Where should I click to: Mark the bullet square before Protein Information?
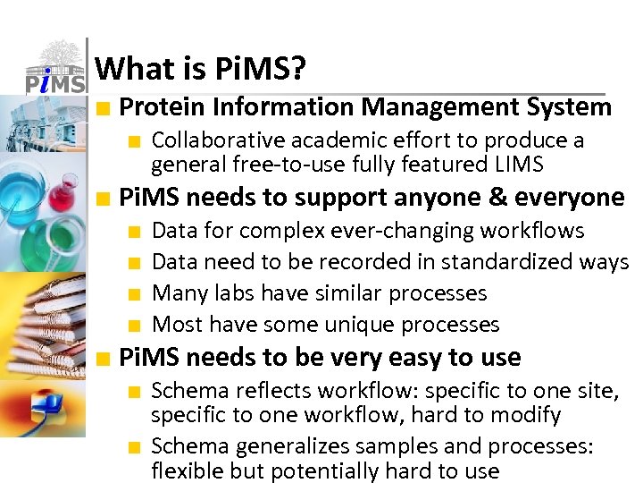105,109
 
